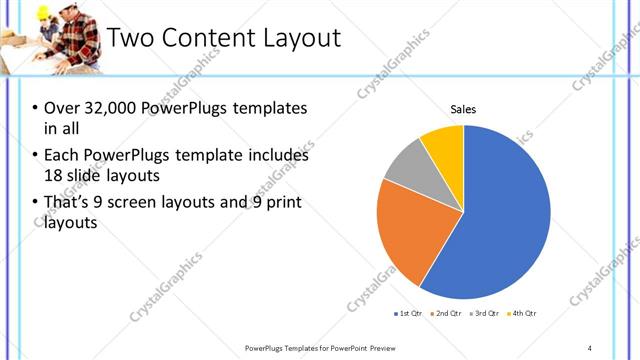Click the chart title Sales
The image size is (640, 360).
click(463, 109)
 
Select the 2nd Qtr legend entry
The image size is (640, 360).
click(445, 314)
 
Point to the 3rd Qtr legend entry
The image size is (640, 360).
click(487, 314)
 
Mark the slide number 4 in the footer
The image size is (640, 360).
click(590, 347)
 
